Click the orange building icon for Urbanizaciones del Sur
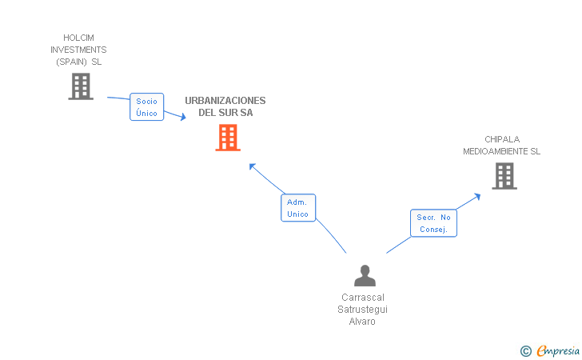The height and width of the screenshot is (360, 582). click(x=228, y=138)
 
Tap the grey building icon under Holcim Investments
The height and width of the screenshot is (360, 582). click(x=81, y=86)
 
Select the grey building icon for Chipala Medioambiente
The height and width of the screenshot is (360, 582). click(x=504, y=176)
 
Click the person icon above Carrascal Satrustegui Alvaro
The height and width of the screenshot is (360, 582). click(x=365, y=276)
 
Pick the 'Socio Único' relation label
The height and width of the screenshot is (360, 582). click(x=147, y=107)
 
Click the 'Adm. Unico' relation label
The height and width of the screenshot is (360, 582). click(x=298, y=208)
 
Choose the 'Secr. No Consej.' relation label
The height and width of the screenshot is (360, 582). click(x=434, y=223)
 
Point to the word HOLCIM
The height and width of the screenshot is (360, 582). click(x=79, y=38)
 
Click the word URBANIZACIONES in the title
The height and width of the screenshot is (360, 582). click(x=225, y=101)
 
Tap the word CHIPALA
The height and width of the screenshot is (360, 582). click(x=502, y=139)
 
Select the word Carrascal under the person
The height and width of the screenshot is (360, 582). click(x=363, y=298)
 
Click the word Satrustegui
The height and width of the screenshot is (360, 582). click(x=363, y=310)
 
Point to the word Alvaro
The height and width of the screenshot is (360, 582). click(x=362, y=322)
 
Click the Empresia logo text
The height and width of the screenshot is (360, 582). click(x=557, y=350)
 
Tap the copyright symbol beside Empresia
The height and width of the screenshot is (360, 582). click(x=525, y=350)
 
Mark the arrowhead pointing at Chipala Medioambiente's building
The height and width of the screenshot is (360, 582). click(x=477, y=194)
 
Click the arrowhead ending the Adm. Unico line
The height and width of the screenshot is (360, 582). click(x=252, y=166)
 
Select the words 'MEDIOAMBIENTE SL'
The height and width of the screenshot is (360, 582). click(x=502, y=151)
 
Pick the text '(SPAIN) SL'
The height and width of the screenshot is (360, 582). click(x=79, y=62)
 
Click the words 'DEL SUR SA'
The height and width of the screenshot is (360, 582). click(x=225, y=113)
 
